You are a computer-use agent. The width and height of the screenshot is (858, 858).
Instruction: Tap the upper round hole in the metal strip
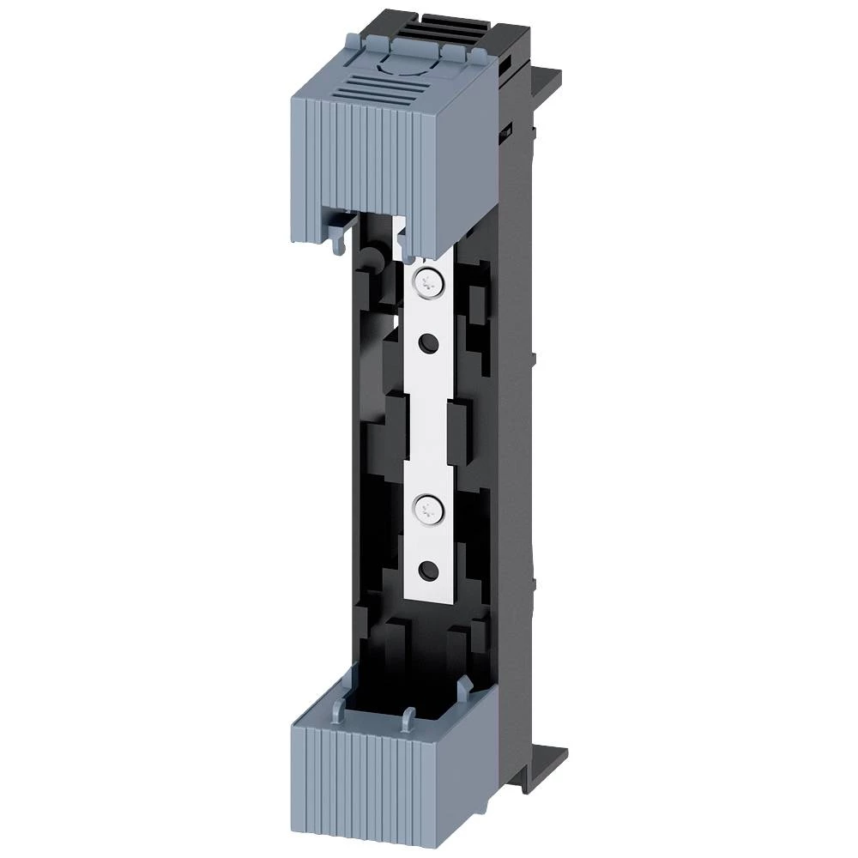click(426, 344)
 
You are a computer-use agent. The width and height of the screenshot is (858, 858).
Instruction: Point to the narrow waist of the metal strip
click(426, 420)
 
